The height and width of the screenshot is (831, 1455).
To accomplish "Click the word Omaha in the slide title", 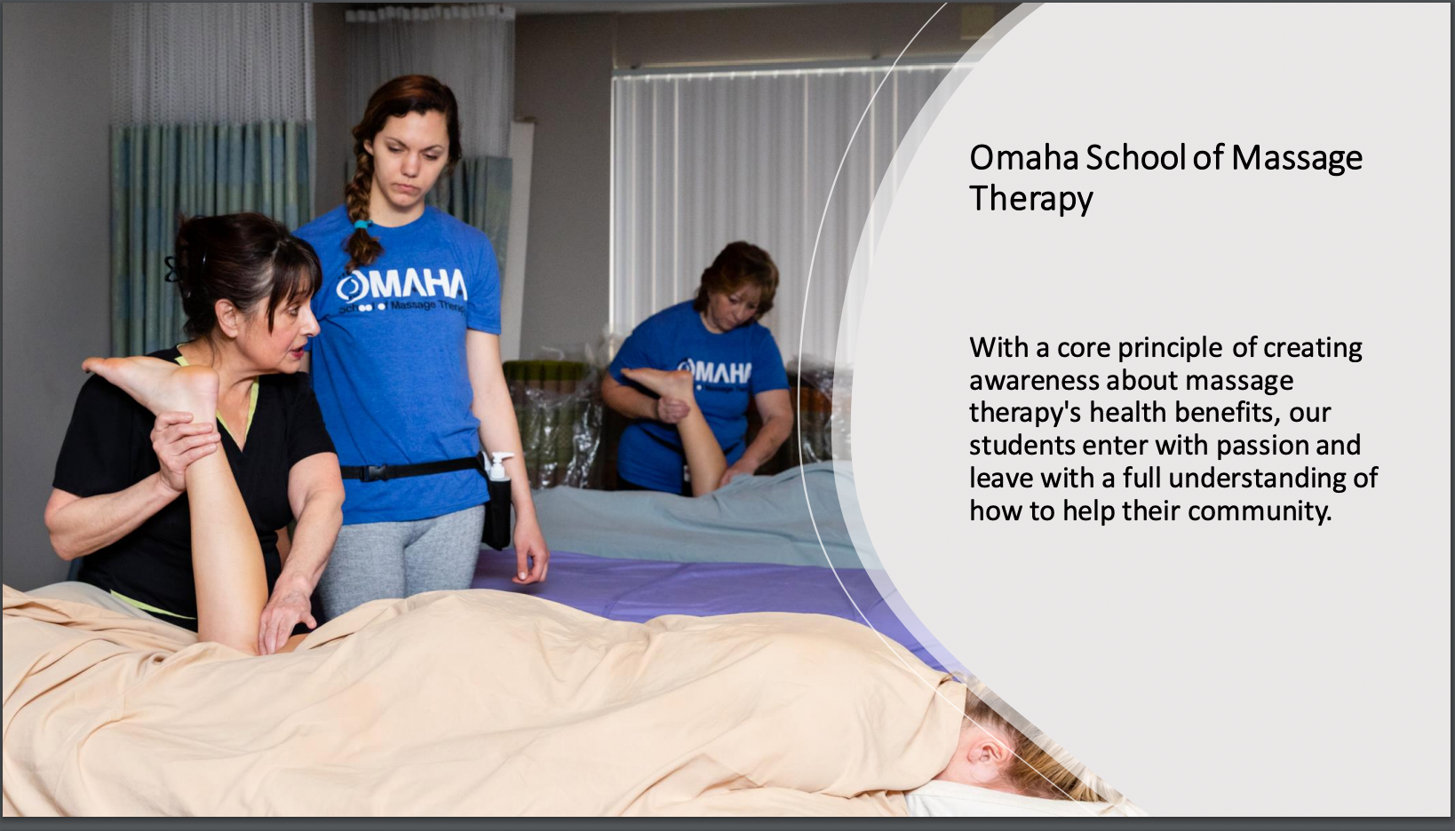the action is point(1023,158).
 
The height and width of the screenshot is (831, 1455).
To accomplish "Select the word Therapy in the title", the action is point(1031,199).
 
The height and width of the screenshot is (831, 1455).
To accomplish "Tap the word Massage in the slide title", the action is point(1297,159).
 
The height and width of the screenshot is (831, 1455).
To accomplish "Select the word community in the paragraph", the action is point(1260,511).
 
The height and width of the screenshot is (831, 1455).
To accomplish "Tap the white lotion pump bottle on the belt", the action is point(499,466).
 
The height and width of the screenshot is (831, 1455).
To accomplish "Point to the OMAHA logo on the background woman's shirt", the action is point(714,372).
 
